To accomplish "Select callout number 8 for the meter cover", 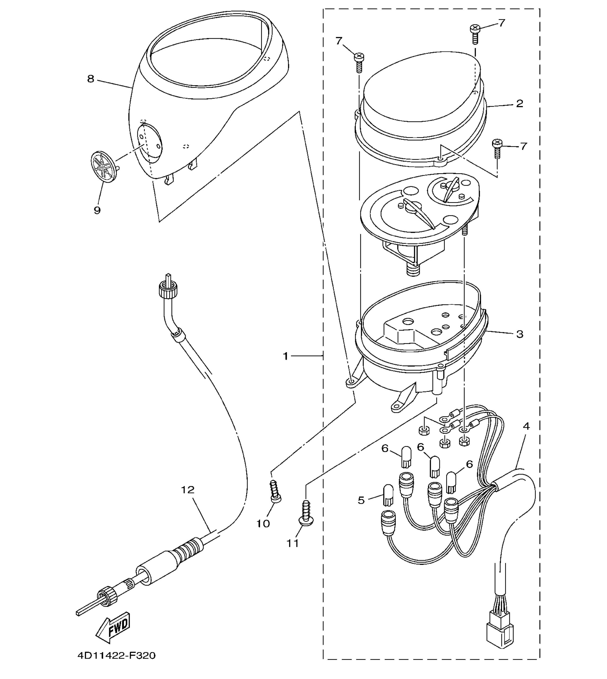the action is pyautogui.click(x=91, y=79).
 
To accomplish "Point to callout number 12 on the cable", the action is pyautogui.click(x=188, y=490).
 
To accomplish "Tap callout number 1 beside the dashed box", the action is pyautogui.click(x=285, y=356).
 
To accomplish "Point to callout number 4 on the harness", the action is pyautogui.click(x=526, y=426).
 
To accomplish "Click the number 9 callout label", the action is pyautogui.click(x=97, y=210).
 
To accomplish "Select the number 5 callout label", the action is pyautogui.click(x=361, y=500).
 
